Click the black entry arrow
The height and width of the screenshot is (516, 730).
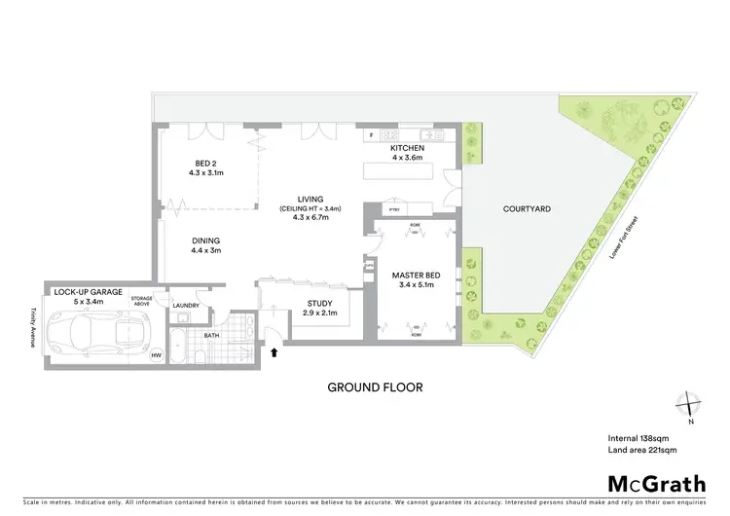pos(274,351)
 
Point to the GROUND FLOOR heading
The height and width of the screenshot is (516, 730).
pos(375,387)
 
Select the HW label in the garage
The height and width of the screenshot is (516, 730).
pos(155,355)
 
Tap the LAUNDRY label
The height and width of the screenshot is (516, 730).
pos(186,306)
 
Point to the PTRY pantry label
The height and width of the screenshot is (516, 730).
pos(394,209)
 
